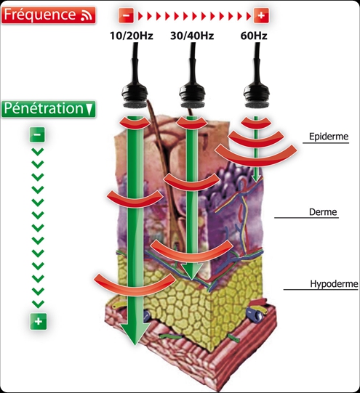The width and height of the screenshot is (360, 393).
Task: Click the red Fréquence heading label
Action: click(49, 15)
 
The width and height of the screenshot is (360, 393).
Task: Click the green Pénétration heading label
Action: click(49, 109)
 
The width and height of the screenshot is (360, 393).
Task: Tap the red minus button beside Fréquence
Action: click(126, 15)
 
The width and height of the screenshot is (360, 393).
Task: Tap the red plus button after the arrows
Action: click(261, 15)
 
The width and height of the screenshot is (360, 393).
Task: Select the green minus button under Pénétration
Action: click(37, 134)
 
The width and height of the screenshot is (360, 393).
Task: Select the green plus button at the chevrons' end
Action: click(38, 321)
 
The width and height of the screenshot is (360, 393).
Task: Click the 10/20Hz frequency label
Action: click(132, 36)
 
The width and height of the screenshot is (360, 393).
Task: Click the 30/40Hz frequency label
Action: click(192, 36)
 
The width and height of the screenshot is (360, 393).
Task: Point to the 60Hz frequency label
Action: click(254, 36)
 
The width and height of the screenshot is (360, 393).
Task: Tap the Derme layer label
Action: click(323, 212)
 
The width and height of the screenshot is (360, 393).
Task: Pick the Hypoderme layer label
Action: click(334, 284)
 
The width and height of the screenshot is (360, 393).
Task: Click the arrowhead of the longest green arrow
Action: click(135, 333)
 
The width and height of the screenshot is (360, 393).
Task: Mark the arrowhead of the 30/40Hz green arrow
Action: click(192, 272)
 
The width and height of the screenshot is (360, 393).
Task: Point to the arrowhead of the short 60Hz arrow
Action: click(256, 179)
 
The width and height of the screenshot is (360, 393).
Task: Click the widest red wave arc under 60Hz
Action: click(256, 158)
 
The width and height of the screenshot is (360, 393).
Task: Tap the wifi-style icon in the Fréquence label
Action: click(87, 15)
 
